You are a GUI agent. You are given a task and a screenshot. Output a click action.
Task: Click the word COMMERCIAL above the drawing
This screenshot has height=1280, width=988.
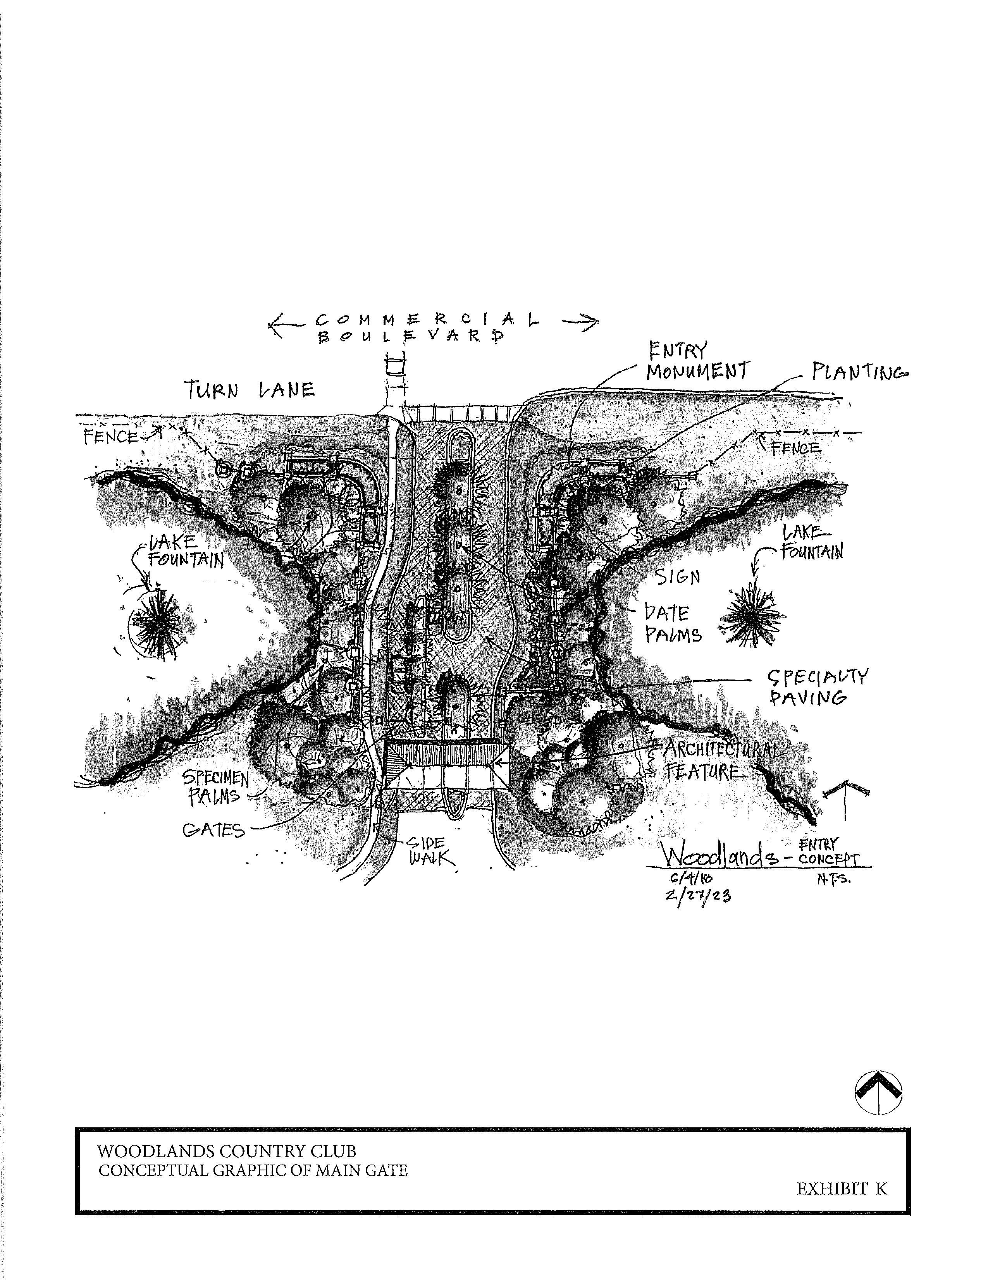pyautogui.click(x=427, y=320)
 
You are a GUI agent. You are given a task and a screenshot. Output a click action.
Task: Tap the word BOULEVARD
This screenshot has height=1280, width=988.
pyautogui.click(x=410, y=337)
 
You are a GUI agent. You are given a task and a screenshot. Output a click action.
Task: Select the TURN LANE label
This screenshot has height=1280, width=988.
pyautogui.click(x=250, y=390)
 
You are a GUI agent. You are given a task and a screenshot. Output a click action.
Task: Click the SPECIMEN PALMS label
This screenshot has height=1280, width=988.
pyautogui.click(x=215, y=786)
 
